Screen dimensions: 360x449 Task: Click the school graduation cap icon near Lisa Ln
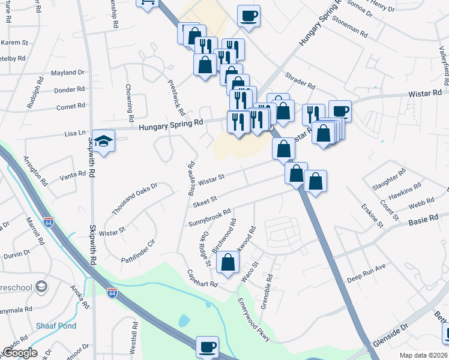click(104, 142)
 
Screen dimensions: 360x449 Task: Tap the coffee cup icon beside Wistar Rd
click(340, 111)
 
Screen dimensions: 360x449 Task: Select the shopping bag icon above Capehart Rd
click(228, 262)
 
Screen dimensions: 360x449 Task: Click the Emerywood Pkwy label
click(254, 320)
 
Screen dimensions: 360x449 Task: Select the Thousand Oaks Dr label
click(134, 199)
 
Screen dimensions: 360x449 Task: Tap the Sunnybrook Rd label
click(209, 218)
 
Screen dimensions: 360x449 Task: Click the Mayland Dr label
click(67, 73)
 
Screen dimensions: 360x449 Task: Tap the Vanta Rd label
click(74, 177)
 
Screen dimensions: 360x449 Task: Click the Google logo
click(20, 353)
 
